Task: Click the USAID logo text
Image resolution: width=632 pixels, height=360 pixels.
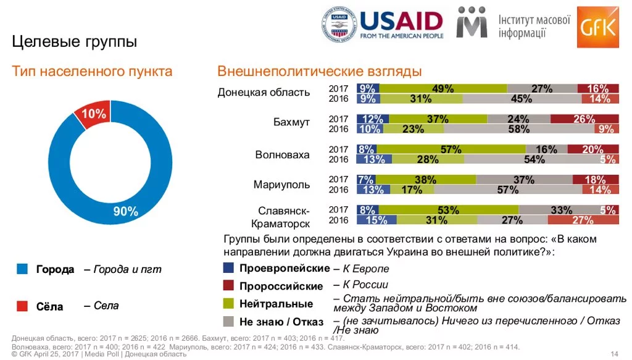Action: (401, 22)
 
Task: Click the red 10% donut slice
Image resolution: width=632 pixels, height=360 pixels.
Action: (92, 115)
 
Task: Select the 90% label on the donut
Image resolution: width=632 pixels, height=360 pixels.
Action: (125, 212)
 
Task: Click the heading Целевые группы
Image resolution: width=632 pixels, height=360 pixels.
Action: (75, 42)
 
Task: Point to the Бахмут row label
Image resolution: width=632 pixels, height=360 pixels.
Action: (291, 122)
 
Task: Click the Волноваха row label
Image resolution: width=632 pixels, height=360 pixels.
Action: (282, 154)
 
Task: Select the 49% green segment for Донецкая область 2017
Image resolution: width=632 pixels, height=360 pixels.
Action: (443, 88)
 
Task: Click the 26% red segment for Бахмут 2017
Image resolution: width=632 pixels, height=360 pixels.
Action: (584, 119)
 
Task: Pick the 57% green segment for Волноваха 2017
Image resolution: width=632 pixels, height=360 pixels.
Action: (451, 149)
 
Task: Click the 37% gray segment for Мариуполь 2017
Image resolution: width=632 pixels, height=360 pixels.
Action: (523, 179)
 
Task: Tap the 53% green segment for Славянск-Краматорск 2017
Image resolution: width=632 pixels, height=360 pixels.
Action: (449, 209)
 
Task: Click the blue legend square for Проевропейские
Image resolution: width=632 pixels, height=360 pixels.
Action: (228, 268)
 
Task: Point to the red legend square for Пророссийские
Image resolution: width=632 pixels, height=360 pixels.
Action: (228, 285)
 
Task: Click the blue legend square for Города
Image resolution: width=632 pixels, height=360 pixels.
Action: (23, 269)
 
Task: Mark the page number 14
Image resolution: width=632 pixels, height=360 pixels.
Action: (614, 353)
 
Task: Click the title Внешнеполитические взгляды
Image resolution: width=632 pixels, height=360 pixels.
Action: (319, 71)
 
